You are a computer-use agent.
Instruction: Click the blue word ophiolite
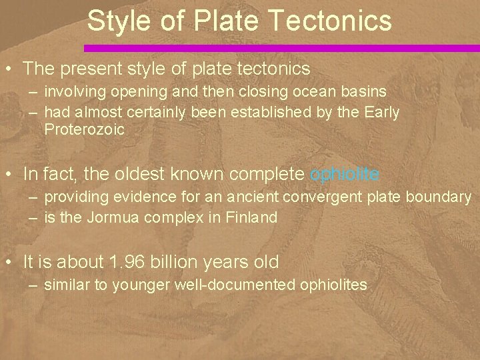[x=345, y=175]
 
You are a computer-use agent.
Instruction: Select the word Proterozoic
[x=85, y=130]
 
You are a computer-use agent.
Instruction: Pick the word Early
[x=381, y=113]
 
